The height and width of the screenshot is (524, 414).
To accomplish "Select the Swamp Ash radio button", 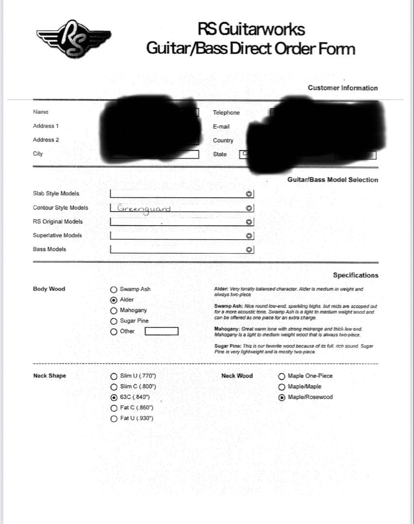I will point(114,289).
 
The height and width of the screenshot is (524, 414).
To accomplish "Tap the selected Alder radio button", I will point(114,300).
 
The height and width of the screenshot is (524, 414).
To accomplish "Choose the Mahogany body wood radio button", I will point(114,311).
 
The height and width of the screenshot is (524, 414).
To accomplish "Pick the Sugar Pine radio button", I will point(114,321).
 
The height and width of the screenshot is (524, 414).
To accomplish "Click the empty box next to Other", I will point(162,332).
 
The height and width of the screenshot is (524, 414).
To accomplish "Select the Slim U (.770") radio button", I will point(114,376).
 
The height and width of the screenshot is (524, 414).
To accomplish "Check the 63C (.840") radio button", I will point(114,397).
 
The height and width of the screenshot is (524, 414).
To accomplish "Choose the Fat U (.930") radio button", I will point(114,418).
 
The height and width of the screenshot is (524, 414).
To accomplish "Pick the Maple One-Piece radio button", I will point(282,376).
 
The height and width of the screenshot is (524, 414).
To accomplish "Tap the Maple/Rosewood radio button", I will point(282,397).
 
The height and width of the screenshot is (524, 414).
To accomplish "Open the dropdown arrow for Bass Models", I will point(249,250).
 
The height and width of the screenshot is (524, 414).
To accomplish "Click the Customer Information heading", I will point(342,88).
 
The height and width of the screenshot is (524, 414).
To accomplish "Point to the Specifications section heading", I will point(355,275).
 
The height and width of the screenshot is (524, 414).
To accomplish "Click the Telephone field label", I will point(226,113).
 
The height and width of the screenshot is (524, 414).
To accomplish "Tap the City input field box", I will point(155,154).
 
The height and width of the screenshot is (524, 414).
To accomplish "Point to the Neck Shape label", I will point(50,376).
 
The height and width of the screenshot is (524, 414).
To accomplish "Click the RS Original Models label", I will point(58,222).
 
